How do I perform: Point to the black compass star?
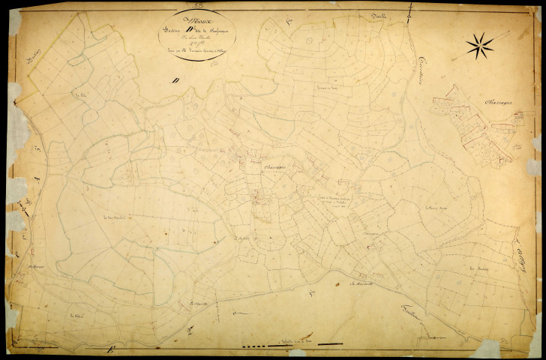480,46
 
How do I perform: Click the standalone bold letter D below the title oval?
174,80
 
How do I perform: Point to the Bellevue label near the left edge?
38,266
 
